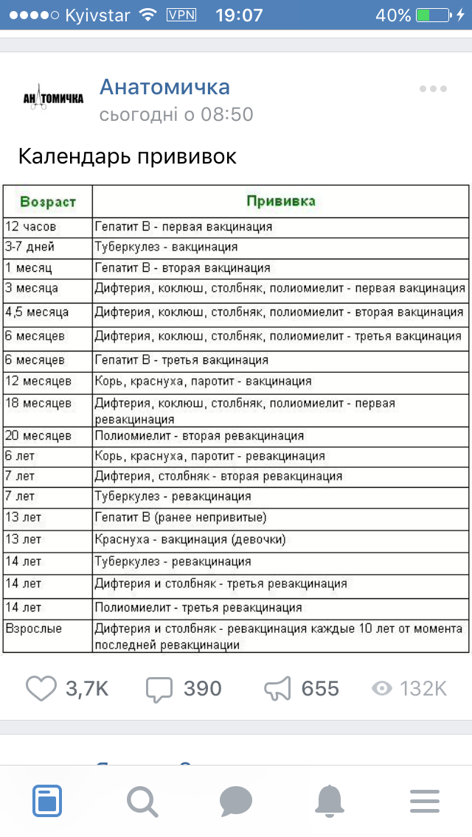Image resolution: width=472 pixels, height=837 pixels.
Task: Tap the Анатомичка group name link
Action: (164, 87)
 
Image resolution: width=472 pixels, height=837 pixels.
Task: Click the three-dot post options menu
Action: (433, 89)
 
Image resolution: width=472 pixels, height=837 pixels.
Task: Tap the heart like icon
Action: (41, 688)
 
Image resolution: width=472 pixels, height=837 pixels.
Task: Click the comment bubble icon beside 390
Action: (159, 689)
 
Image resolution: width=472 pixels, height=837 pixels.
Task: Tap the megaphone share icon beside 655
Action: (277, 689)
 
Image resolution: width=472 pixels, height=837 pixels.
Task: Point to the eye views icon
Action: (381, 688)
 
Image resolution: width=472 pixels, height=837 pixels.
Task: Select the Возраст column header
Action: (47, 201)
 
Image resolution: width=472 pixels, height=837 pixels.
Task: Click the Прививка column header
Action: (280, 201)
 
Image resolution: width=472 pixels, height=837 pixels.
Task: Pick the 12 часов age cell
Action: (31, 227)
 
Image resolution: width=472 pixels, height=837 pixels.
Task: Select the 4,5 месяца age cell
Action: (37, 312)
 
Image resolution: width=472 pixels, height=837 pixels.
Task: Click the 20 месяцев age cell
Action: (38, 436)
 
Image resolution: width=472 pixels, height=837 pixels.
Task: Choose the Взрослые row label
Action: (34, 629)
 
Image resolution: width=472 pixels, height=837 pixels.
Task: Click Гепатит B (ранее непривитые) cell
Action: (181, 517)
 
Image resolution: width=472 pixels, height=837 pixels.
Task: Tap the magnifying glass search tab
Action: (142, 802)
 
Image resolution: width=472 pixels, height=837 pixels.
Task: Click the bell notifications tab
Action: (330, 801)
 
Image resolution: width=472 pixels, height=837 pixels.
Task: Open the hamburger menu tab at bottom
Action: (425, 802)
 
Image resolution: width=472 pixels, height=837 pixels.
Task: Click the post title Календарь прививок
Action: (127, 157)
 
